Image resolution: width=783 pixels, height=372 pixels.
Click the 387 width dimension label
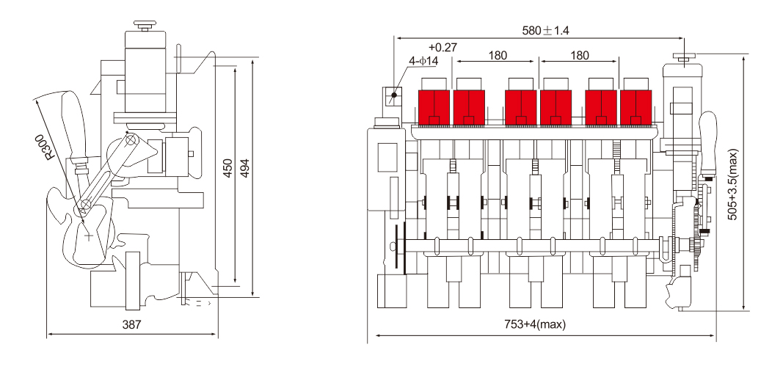pyautogui.click(x=132, y=324)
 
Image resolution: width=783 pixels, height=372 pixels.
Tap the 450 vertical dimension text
pyautogui.click(x=227, y=169)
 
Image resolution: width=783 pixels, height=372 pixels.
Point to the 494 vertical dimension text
pyautogui.click(x=244, y=169)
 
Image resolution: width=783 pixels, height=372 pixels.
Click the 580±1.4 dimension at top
pyautogui.click(x=545, y=31)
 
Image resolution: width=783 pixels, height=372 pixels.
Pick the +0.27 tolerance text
pyautogui.click(x=443, y=48)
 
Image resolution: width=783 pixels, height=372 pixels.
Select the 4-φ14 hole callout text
pyautogui.click(x=423, y=61)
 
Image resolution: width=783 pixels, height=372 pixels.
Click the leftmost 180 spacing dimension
pyautogui.click(x=498, y=56)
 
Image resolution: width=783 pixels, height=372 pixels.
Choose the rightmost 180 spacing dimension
pyautogui.click(x=579, y=56)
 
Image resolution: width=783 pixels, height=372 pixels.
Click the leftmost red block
pyautogui.click(x=434, y=107)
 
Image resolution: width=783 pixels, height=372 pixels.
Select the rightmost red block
pyautogui.click(x=635, y=107)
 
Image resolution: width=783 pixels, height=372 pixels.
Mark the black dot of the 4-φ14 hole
pyautogui.click(x=394, y=95)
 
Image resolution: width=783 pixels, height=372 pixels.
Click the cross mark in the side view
pyautogui.click(x=89, y=236)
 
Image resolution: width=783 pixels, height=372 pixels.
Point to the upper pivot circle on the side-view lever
pyautogui.click(x=131, y=140)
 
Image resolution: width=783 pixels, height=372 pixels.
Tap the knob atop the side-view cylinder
pyautogui.click(x=145, y=26)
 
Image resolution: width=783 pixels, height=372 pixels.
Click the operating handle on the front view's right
pyautogui.click(x=707, y=145)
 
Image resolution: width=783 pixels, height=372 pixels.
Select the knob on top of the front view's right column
pyautogui.click(x=684, y=58)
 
